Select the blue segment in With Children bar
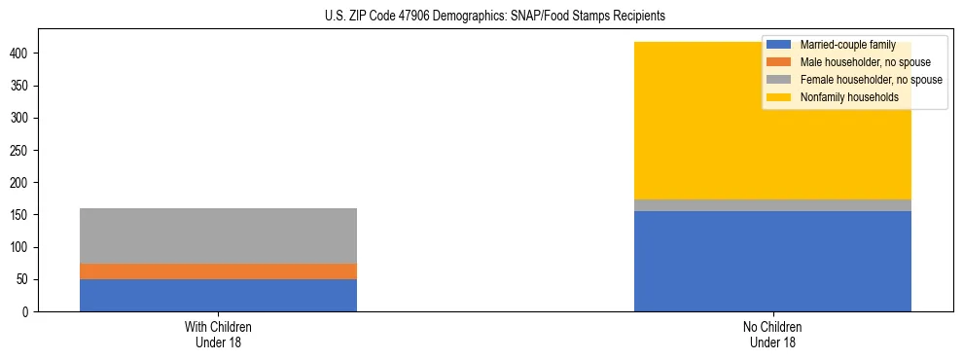tap(218, 295)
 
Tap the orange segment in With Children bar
tap(218, 271)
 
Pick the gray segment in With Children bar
tap(218, 235)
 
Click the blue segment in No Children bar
tap(772, 261)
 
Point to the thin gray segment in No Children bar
tap(772, 205)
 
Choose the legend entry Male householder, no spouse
tap(856, 62)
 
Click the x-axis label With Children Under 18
tap(218, 334)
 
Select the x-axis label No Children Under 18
tap(772, 334)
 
